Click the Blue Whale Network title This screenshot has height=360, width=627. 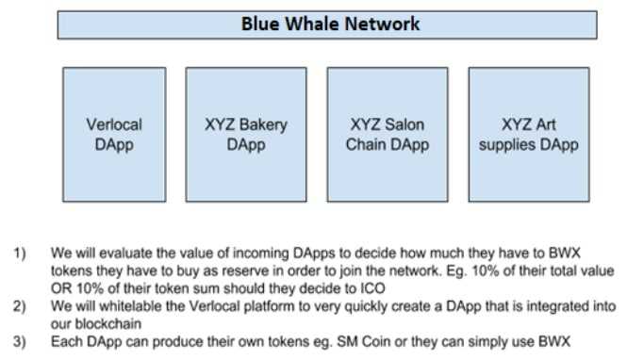click(x=329, y=24)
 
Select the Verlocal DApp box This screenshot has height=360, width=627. click(x=114, y=134)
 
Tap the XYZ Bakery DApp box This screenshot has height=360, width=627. click(x=246, y=134)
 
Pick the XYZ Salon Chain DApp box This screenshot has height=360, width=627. click(x=388, y=134)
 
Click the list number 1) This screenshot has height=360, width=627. click(x=19, y=254)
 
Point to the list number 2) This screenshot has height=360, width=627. click(x=19, y=306)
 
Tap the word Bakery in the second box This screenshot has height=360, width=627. click(x=263, y=123)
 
